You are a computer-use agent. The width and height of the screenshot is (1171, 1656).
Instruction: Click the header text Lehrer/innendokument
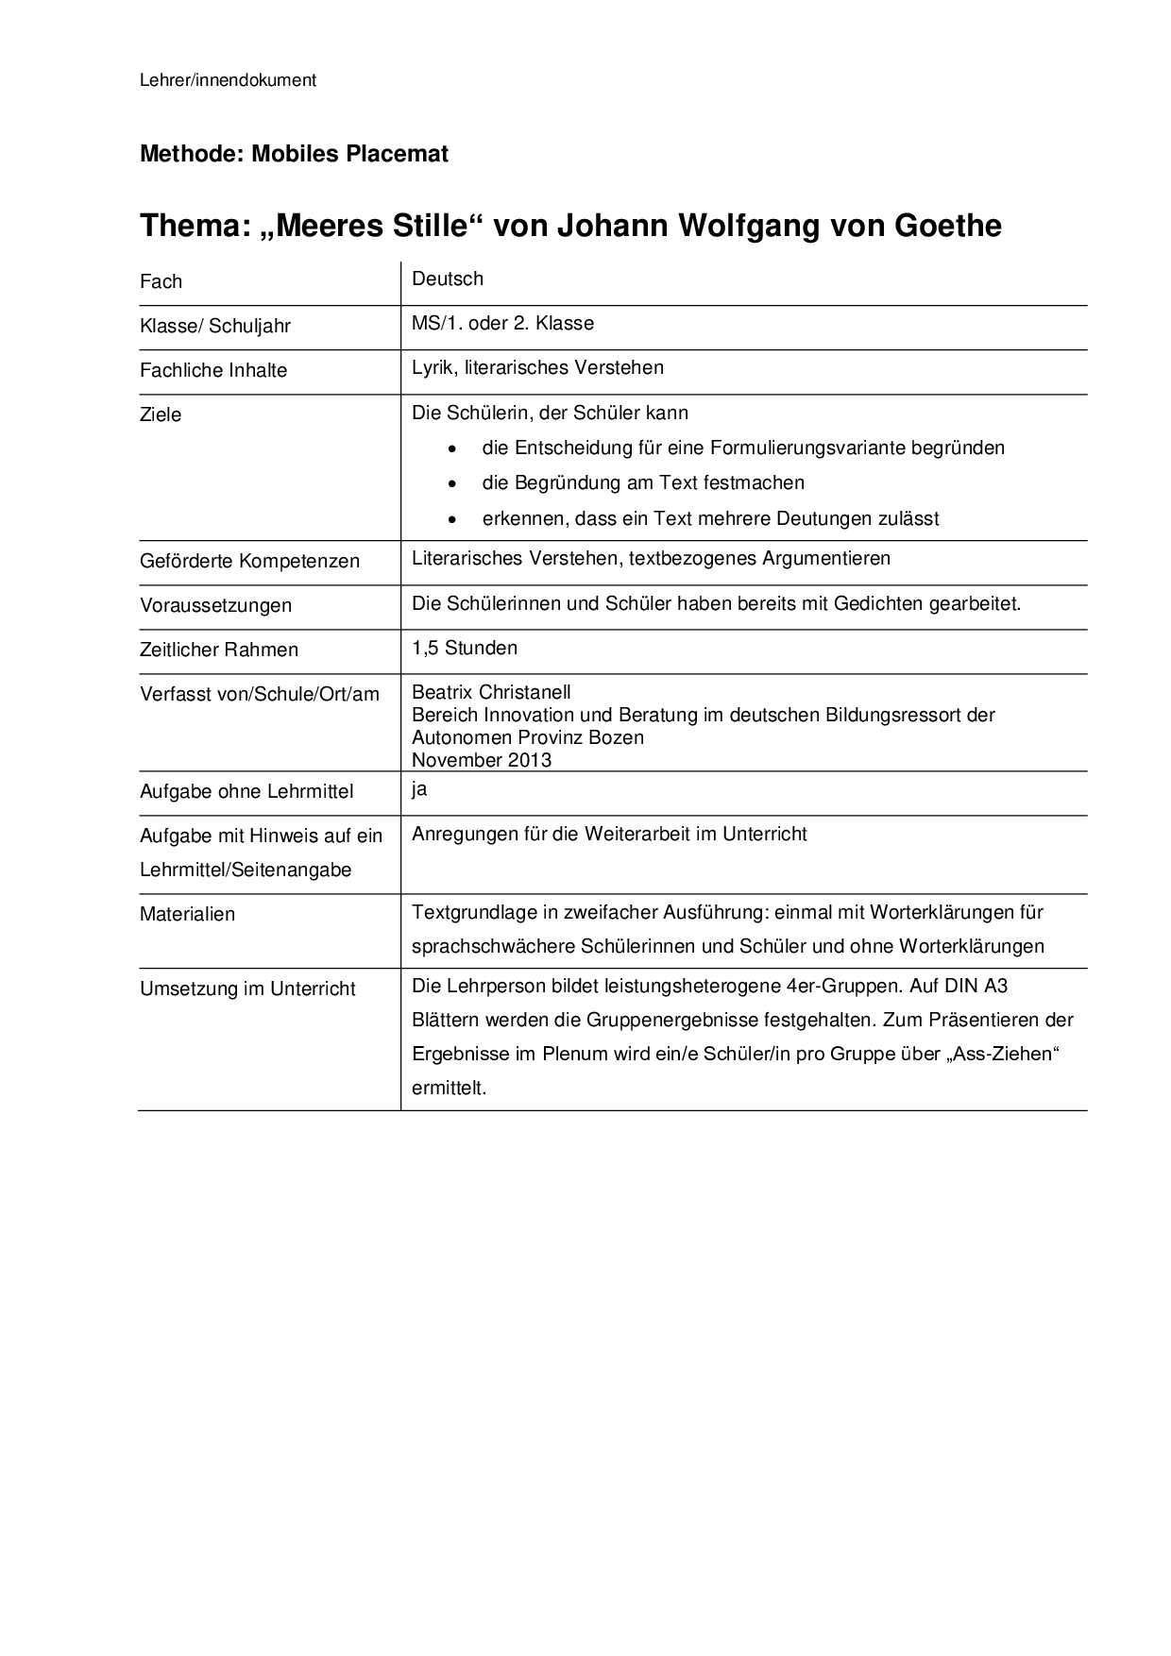pos(228,80)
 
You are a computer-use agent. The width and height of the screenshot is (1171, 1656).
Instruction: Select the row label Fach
pos(161,281)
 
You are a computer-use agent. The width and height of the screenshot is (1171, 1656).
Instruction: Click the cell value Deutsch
pos(448,279)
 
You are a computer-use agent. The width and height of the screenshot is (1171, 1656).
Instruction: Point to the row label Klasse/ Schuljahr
pos(215,326)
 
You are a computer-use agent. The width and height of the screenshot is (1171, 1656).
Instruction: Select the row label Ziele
pos(161,414)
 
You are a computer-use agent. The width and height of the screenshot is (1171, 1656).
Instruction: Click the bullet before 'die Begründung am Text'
pos(455,483)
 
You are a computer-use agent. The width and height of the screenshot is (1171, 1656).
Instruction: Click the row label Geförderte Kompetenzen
pos(249,561)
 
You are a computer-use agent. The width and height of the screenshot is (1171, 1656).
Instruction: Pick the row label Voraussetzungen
pos(215,605)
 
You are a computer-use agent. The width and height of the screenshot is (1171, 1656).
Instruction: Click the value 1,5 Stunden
pos(465,648)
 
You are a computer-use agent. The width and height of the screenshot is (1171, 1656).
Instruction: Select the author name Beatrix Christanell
pos(491,692)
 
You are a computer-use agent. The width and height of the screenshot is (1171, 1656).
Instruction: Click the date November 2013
pos(482,760)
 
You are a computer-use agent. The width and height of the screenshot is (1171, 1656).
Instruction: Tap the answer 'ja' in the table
pos(419,789)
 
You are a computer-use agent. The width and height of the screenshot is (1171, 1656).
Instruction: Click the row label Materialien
pos(187,914)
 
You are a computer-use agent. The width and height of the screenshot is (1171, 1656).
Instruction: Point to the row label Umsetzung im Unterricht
pos(247,989)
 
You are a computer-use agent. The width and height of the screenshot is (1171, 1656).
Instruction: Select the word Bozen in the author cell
pos(618,737)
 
